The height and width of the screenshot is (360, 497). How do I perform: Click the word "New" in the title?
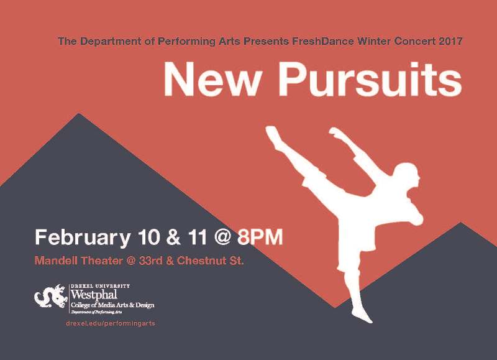212,80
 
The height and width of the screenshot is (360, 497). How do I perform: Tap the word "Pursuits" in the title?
370,80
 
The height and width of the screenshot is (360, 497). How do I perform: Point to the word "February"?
83,238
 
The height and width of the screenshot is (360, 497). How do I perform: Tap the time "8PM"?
260,237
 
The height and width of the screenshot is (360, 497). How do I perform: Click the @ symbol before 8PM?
222,238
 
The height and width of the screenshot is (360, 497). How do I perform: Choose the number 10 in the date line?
148,237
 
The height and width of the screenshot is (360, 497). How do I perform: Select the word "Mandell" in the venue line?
56,261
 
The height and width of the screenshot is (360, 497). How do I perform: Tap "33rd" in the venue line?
150,261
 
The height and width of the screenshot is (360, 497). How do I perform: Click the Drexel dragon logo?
51,296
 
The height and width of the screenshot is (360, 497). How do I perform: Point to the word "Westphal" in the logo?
94,295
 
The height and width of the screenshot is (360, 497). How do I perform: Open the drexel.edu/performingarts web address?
111,323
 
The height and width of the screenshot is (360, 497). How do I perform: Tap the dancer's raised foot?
272,132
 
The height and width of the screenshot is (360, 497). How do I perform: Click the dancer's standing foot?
362,315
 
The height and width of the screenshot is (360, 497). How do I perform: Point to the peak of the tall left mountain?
79,113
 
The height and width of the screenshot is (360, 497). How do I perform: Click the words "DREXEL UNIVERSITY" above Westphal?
100,286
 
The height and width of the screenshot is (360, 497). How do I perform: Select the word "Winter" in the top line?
374,41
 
